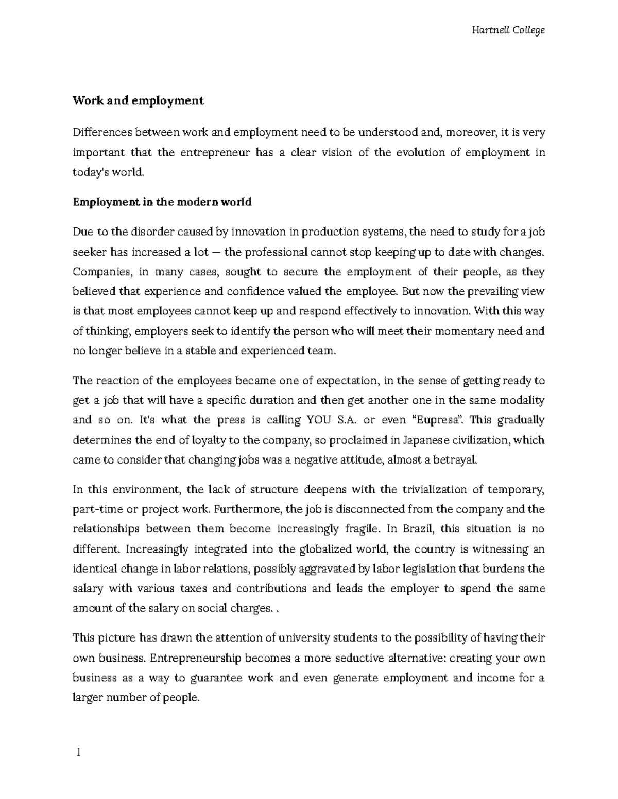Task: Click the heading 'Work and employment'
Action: (138, 101)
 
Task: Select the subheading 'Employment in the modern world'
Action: (162, 202)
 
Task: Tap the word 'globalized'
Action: (326, 549)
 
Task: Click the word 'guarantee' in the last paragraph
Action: (216, 678)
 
